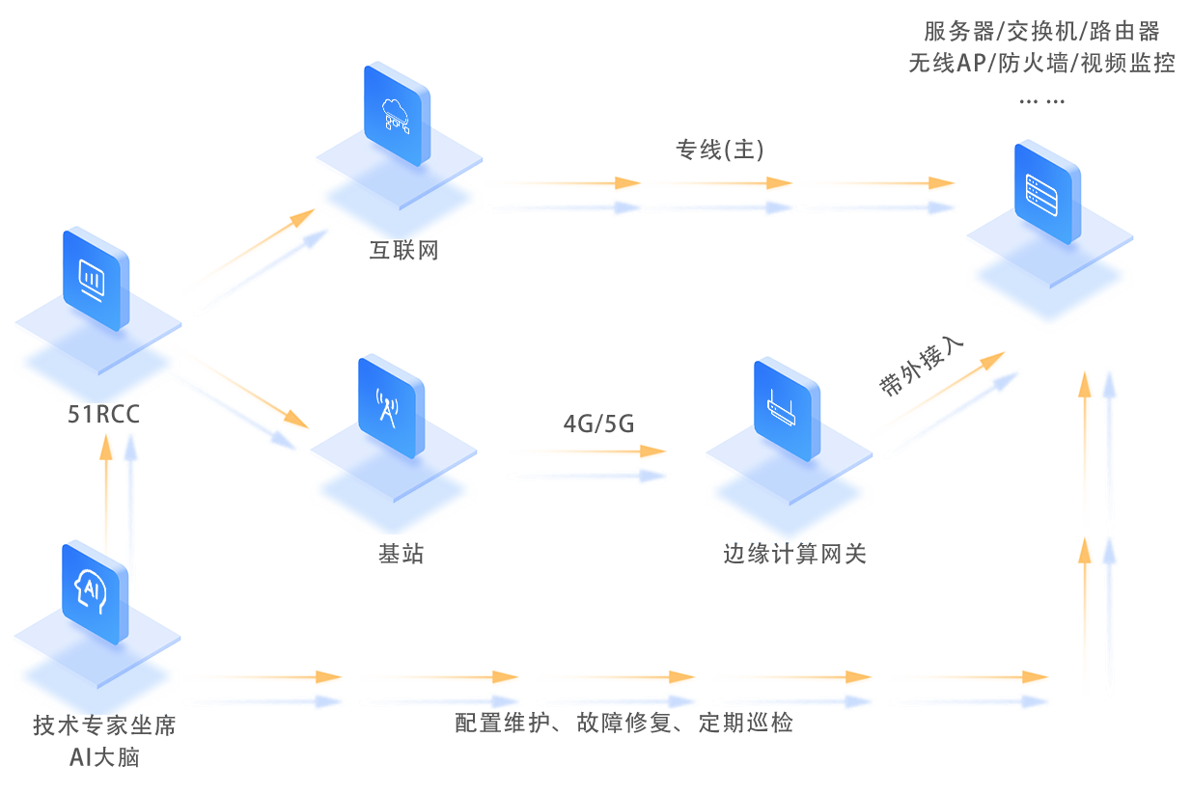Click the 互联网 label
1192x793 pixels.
coord(404,251)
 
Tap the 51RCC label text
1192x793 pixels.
coord(103,415)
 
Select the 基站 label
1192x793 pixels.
coord(401,554)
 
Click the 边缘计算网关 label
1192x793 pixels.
coord(794,554)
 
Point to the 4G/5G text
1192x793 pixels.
coord(598,423)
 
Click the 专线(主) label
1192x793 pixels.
coord(720,150)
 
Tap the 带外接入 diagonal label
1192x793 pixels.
coord(917,368)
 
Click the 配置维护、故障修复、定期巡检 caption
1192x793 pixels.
coord(624,723)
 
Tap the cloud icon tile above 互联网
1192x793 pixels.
coord(398,114)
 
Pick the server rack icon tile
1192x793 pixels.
coord(1047,192)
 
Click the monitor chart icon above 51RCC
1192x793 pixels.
coord(95,279)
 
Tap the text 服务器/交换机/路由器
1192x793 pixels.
coord(1041,31)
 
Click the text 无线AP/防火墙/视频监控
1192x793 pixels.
coord(1041,65)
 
